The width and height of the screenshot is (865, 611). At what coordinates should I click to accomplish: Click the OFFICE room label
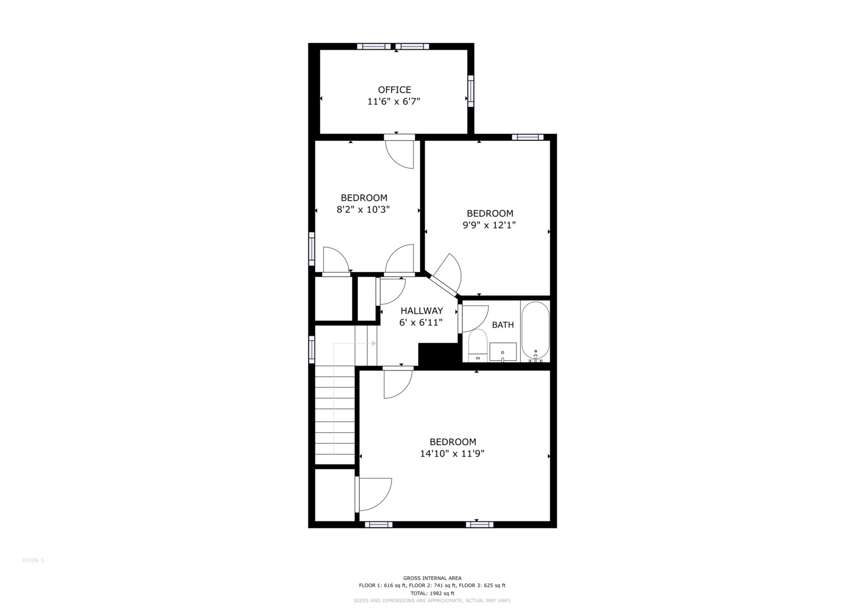point(394,90)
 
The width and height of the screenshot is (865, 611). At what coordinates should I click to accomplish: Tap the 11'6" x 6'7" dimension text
point(394,102)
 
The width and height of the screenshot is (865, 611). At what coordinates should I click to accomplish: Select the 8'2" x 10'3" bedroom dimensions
point(363,210)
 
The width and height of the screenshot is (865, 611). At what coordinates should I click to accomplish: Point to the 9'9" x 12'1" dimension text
point(489,225)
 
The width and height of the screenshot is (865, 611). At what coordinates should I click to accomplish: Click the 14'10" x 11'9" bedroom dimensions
point(452,454)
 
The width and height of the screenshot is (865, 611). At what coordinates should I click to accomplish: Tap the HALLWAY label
point(421,311)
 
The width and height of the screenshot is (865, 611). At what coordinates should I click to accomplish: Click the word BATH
point(503,325)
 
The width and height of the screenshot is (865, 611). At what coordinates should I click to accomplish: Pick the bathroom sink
point(503,352)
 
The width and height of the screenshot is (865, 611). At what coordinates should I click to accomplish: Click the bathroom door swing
point(475,319)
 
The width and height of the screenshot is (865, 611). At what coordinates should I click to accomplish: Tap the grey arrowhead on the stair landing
point(374,343)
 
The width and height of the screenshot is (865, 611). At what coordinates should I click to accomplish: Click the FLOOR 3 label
point(33,561)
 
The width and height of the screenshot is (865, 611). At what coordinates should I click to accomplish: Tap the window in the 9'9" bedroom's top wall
point(528,137)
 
